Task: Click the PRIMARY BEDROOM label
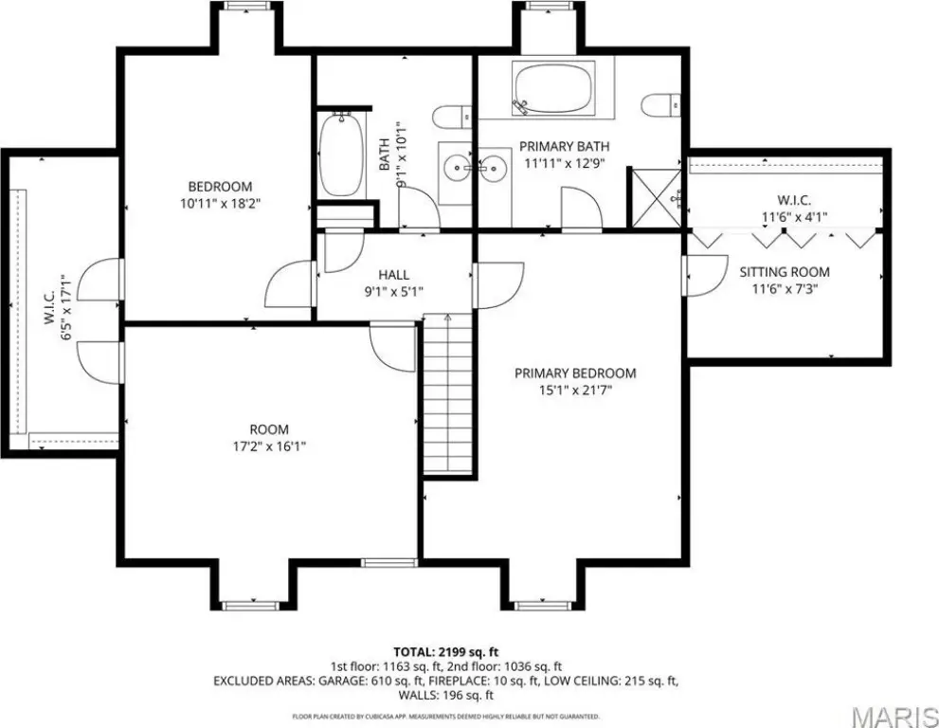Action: (x=575, y=373)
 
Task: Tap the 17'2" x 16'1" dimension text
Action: (x=269, y=446)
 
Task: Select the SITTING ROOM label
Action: (x=785, y=272)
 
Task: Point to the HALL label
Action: (x=394, y=275)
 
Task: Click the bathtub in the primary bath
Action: (x=554, y=88)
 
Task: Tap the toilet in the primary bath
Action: (x=661, y=105)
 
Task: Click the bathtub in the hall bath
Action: (x=341, y=155)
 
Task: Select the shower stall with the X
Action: (x=657, y=198)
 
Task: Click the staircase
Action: (x=448, y=394)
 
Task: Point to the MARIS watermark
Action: (x=894, y=716)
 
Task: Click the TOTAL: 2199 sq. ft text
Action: (x=446, y=652)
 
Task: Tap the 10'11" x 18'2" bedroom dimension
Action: (x=221, y=204)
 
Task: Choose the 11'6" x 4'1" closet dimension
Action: (x=794, y=217)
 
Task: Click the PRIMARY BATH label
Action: (x=564, y=146)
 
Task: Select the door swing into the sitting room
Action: (x=706, y=276)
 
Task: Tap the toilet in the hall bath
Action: (x=452, y=117)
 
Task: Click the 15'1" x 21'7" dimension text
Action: (x=575, y=391)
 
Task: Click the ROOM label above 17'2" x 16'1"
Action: (x=269, y=429)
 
